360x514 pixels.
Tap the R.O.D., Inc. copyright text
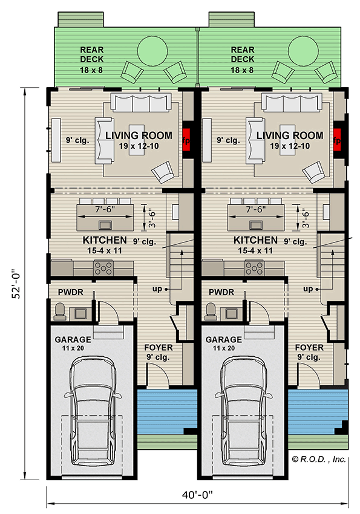point(319,460)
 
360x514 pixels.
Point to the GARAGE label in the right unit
point(224,339)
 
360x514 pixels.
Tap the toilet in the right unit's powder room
point(211,310)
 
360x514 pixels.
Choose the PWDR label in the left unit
point(70,293)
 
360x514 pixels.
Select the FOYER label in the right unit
point(310,348)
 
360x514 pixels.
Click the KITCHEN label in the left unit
point(105,240)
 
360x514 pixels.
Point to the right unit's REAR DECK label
point(243,55)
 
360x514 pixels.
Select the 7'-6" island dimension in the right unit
point(253,210)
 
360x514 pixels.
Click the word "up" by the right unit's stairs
point(309,288)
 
